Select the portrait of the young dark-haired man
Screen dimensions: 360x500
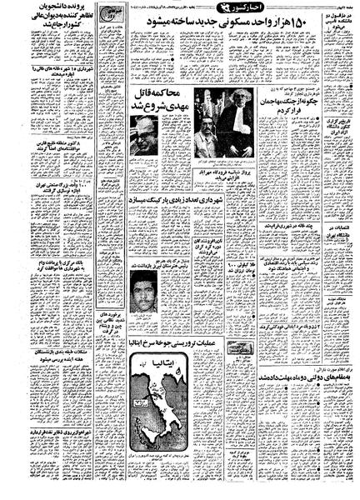pos(147,291)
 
